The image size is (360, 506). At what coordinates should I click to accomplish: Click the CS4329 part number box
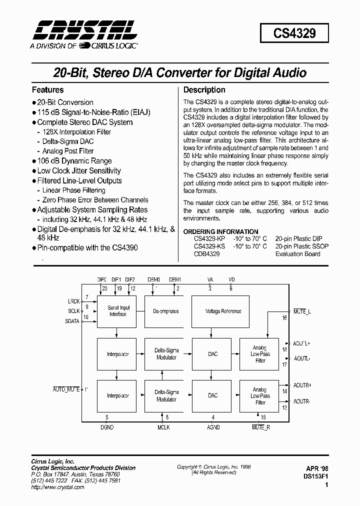point(294,33)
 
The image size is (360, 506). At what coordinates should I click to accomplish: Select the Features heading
point(48,90)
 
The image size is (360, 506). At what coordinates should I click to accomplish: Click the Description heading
point(204,90)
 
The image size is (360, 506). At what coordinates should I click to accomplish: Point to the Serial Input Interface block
point(118,311)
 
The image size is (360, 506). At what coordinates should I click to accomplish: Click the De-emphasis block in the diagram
point(166,311)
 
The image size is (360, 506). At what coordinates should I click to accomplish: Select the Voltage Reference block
point(223,311)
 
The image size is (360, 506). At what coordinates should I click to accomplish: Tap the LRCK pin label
point(73,301)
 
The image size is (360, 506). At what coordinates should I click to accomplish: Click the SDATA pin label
point(72,321)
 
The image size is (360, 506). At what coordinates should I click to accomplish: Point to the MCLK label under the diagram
point(163,428)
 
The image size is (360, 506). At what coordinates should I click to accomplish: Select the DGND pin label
point(107,428)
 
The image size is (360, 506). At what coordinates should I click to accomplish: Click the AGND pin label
point(213,428)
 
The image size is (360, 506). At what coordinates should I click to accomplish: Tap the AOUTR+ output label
point(302,385)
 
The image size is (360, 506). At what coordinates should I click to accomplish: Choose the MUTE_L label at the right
point(302,311)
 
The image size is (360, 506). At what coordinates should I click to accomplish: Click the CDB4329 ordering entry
point(206,254)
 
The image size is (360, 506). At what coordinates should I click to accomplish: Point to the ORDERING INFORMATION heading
point(221,231)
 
